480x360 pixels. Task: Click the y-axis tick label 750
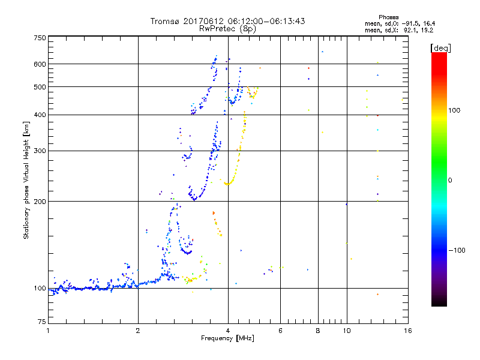click(x=40, y=38)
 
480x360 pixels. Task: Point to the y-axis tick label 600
click(x=40, y=64)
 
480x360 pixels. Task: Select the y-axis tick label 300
click(x=40, y=151)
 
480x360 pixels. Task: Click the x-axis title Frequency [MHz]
click(x=227, y=339)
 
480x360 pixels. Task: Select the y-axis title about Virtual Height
click(x=26, y=180)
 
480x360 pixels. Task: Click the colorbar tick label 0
click(x=451, y=180)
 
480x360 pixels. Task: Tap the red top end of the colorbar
click(x=439, y=55)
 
